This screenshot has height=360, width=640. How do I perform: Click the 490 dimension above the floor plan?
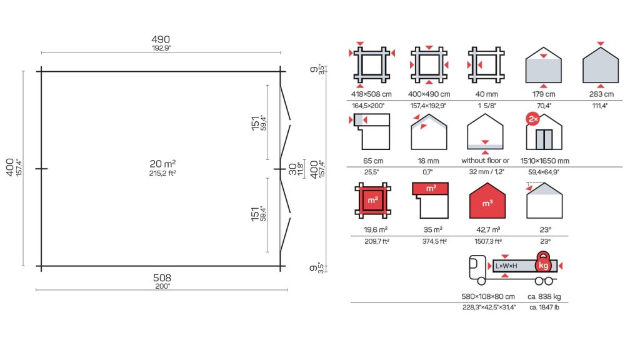[x=161, y=39]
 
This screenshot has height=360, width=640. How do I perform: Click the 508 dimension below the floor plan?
[x=162, y=277]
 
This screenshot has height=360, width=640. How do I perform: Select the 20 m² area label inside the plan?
[x=162, y=164]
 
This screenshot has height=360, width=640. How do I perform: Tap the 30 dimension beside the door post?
[x=292, y=169]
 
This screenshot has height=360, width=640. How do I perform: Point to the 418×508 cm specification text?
[x=371, y=94]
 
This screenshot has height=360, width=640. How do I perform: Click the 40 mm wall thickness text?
[x=486, y=94]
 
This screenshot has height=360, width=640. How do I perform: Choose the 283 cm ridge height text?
[x=601, y=94]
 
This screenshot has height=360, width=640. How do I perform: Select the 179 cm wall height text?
[x=544, y=94]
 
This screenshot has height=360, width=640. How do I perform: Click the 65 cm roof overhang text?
[x=373, y=161]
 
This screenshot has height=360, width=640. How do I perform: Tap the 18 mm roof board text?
[x=427, y=161]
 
